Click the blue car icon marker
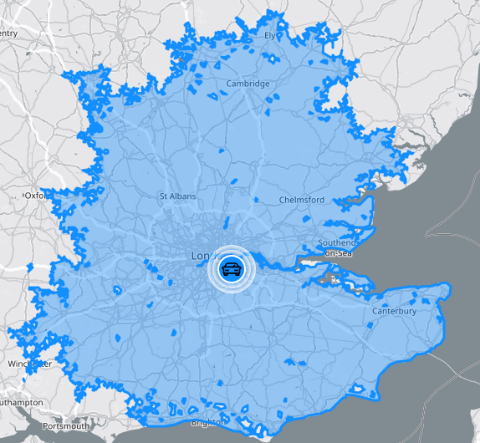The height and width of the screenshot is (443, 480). (231, 269)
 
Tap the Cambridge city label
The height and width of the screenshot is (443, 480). (248, 84)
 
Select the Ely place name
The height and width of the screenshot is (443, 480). (269, 36)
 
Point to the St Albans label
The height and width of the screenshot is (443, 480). (176, 196)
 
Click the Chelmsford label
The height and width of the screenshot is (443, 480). (301, 201)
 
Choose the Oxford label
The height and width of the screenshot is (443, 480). (35, 195)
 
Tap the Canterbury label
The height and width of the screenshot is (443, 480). (394, 312)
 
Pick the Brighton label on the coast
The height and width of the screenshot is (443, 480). (207, 423)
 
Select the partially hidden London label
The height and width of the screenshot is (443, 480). (202, 255)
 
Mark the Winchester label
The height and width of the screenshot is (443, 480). (29, 364)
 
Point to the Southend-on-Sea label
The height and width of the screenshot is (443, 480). (336, 247)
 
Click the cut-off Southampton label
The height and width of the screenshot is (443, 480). (21, 403)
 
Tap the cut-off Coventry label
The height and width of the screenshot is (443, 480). (8, 33)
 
